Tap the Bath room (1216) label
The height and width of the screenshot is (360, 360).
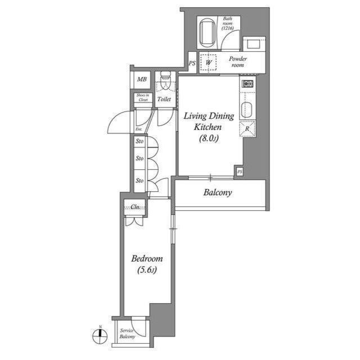coord(227,24)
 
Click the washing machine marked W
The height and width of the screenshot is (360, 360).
coord(209,62)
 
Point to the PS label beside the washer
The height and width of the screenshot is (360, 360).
coord(192,63)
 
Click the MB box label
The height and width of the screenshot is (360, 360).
coord(142,79)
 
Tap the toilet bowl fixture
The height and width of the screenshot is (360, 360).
coord(165,83)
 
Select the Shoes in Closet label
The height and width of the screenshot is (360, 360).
coord(142,97)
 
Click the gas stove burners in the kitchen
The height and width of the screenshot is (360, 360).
coord(248,84)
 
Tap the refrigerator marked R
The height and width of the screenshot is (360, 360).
coord(247,128)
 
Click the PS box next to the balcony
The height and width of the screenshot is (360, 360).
coord(240,171)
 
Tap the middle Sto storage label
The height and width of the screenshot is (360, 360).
coord(139,159)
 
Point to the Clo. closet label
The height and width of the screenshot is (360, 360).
coord(136,207)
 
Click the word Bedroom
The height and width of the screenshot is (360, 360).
coord(147,259)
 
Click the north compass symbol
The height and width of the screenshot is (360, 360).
coord(99,336)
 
